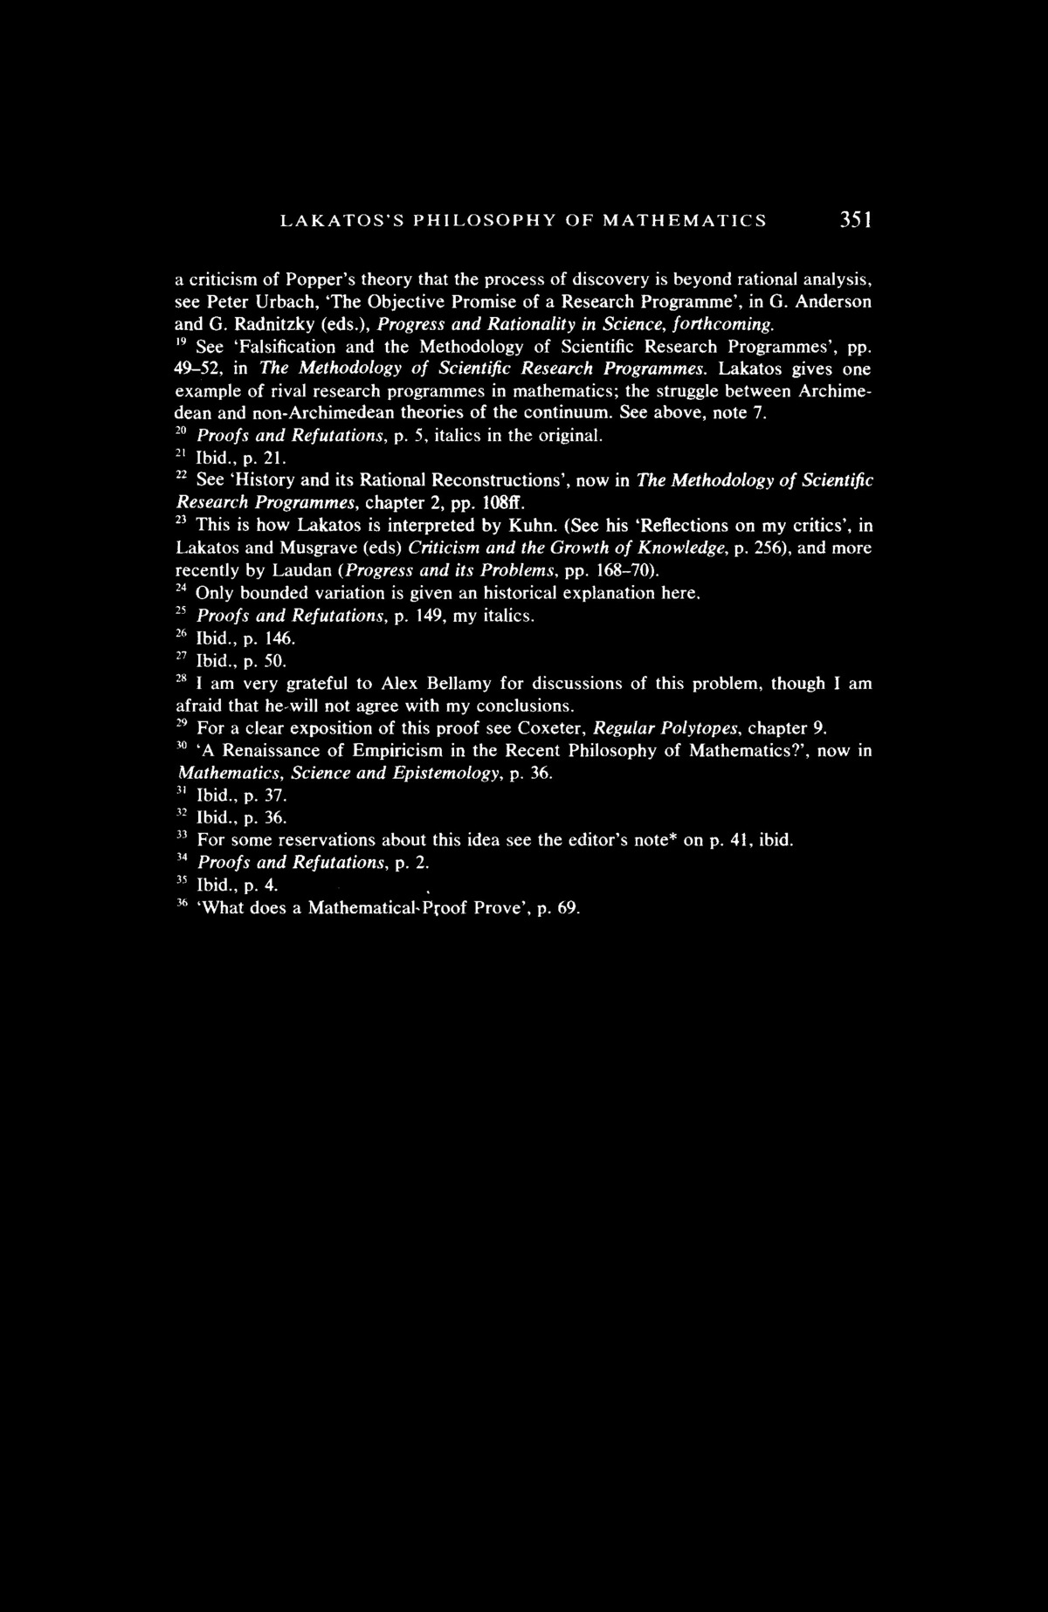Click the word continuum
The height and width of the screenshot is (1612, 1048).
tap(573, 411)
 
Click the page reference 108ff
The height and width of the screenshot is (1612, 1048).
tap(504, 502)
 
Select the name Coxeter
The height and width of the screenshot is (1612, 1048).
tap(555, 728)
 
